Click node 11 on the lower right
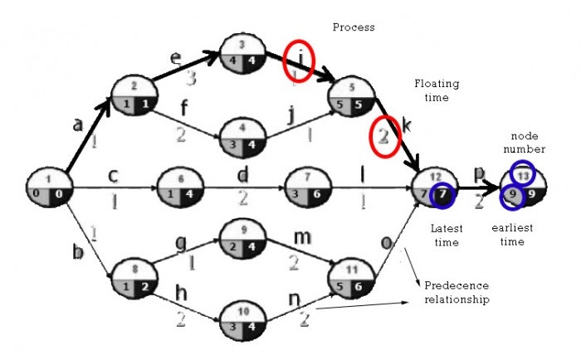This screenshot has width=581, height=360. pyautogui.click(x=353, y=280)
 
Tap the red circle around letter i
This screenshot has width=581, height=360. pyautogui.click(x=298, y=61)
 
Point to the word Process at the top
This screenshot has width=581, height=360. pyautogui.click(x=354, y=27)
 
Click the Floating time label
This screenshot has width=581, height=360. pyautogui.click(x=437, y=90)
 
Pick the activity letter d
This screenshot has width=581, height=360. pyautogui.click(x=243, y=176)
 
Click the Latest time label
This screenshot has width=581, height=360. pyautogui.click(x=447, y=233)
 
